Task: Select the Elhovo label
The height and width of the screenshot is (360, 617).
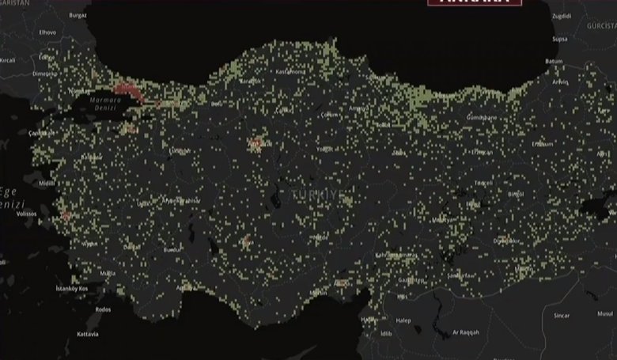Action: tap(25, 32)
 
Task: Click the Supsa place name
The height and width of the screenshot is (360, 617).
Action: tap(559, 38)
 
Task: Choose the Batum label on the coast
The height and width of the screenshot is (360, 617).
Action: tap(554, 60)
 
